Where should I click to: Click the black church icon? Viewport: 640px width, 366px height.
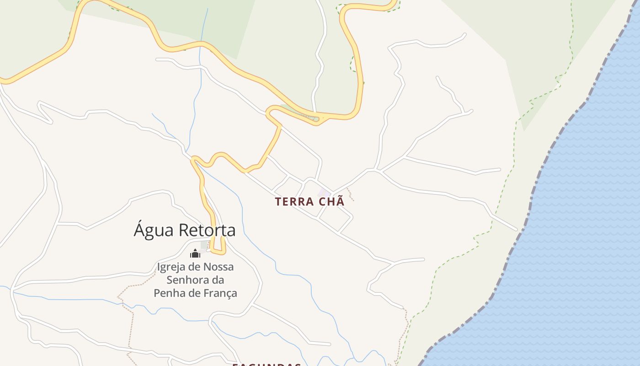pyautogui.click(x=195, y=253)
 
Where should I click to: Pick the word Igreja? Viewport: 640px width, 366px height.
pyautogui.click(x=171, y=267)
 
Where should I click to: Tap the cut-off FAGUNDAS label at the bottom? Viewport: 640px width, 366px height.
pyautogui.click(x=267, y=365)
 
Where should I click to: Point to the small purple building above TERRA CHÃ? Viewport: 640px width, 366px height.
pyautogui.click(x=324, y=193)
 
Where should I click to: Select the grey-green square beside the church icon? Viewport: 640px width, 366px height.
pyautogui.click(x=204, y=245)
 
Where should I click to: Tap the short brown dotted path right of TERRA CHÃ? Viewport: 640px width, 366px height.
pyautogui.click(x=351, y=194)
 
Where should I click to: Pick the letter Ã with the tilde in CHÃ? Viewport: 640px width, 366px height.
pyautogui.click(x=340, y=201)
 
